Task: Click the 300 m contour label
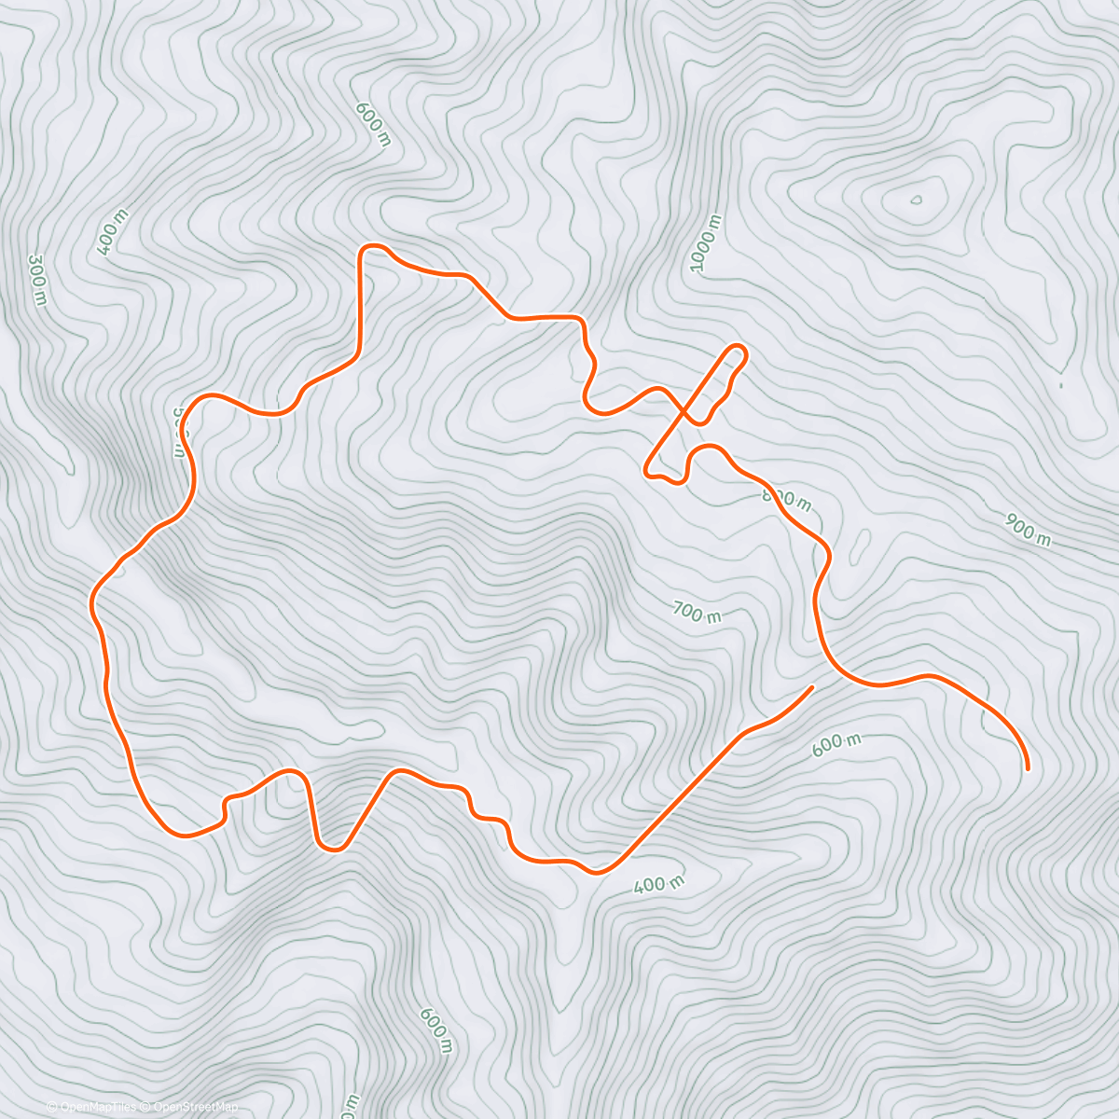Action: tap(37, 279)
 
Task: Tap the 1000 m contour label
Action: tap(706, 244)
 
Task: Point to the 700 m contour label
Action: tap(697, 613)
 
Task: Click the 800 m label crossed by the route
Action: tap(787, 499)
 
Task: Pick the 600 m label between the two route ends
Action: tap(836, 743)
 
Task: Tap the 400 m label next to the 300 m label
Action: tap(112, 232)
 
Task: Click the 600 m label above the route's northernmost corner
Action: tap(373, 122)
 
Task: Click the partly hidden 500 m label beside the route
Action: tap(181, 432)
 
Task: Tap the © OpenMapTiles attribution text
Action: tap(90, 1107)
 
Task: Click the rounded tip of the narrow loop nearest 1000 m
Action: tap(738, 351)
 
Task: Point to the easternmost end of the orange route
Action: tap(1027, 768)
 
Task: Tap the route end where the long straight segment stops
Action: tap(811, 687)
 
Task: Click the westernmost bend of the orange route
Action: tap(92, 601)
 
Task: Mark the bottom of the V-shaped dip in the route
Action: tap(332, 847)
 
